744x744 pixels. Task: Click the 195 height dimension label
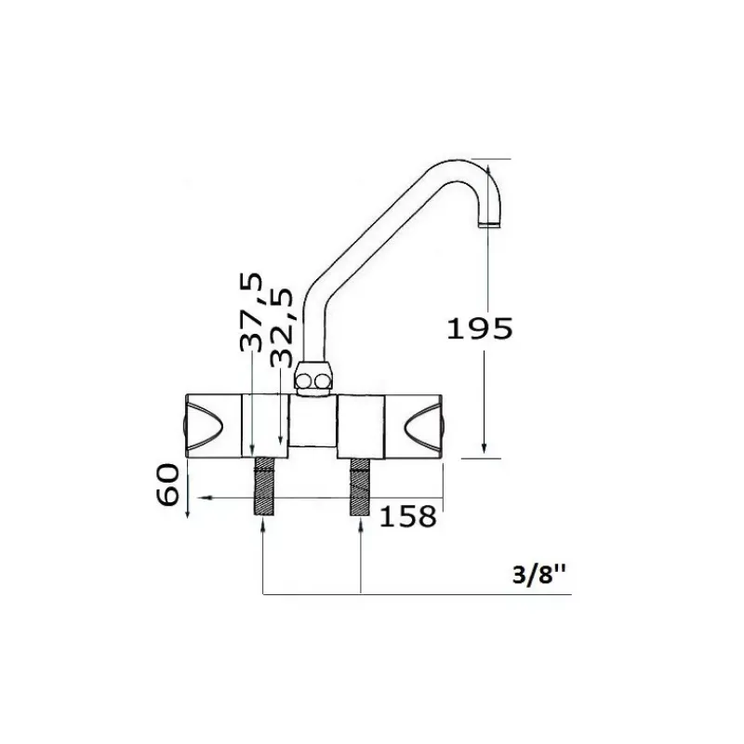pyautogui.click(x=480, y=328)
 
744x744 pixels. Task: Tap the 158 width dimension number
pyautogui.click(x=408, y=516)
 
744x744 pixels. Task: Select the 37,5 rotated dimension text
pyautogui.click(x=251, y=312)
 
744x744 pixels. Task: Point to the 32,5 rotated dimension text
pyautogui.click(x=281, y=328)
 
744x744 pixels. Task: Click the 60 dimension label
pyautogui.click(x=168, y=485)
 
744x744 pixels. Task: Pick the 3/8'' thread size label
pyautogui.click(x=539, y=575)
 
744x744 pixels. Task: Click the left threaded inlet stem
pyautogui.click(x=265, y=486)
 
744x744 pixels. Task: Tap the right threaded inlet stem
pyautogui.click(x=361, y=486)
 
